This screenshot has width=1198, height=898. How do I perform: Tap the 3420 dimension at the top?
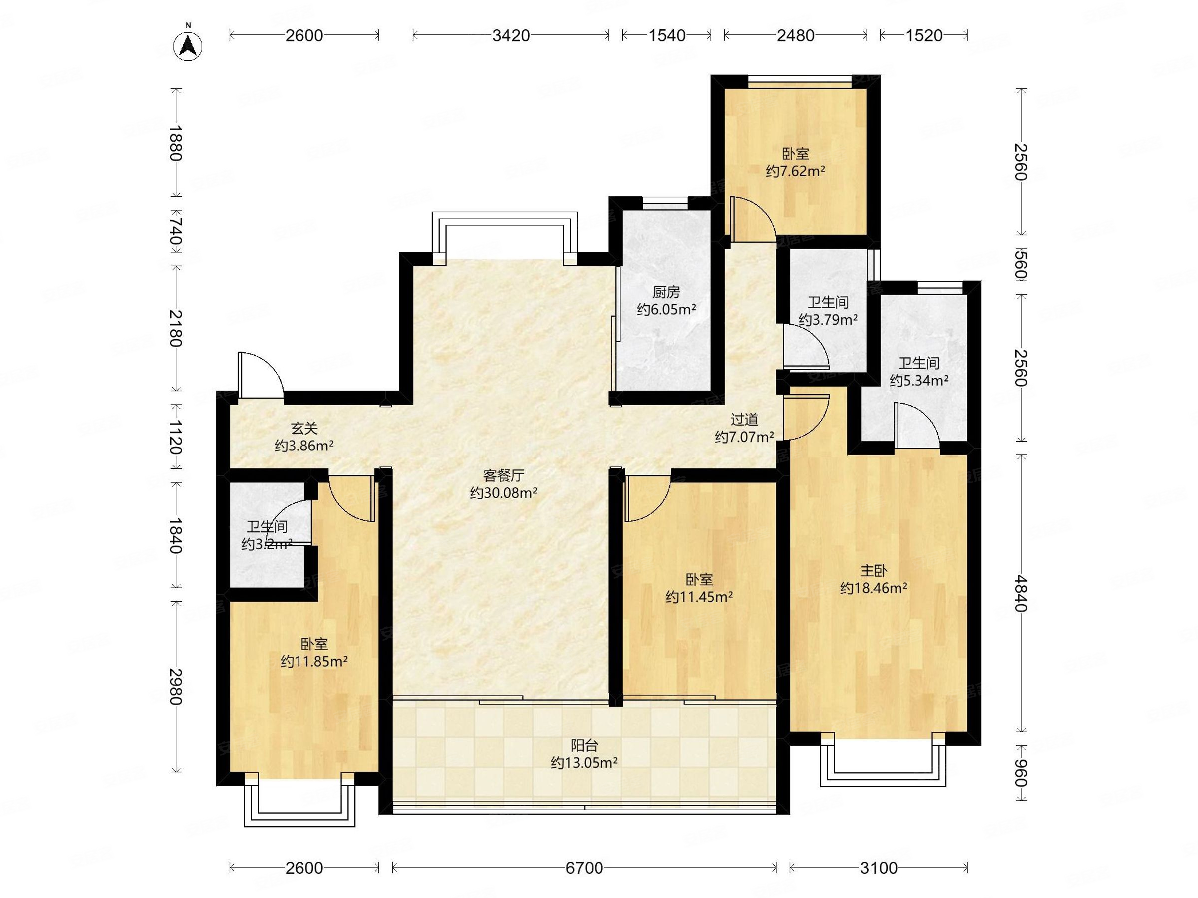tap(511, 36)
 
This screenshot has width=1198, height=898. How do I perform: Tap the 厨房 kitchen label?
tap(666, 292)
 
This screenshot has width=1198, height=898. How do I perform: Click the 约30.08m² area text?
tap(504, 492)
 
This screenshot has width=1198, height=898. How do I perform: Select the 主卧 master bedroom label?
tap(874, 571)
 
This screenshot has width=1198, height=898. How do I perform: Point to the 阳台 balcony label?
tap(585, 745)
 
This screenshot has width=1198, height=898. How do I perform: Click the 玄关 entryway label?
tap(304, 429)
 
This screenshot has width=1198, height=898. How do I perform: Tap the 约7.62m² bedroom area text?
tap(795, 171)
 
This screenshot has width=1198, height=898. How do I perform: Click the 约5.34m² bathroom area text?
tap(919, 380)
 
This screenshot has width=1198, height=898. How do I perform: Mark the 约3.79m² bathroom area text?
tap(828, 319)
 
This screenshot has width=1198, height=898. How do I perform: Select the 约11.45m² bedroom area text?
tap(699, 597)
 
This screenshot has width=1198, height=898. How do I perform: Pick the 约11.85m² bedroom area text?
tap(314, 661)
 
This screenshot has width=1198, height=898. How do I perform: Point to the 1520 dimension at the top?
tap(924, 36)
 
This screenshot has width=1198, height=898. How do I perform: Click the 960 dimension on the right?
tap(1020, 773)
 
